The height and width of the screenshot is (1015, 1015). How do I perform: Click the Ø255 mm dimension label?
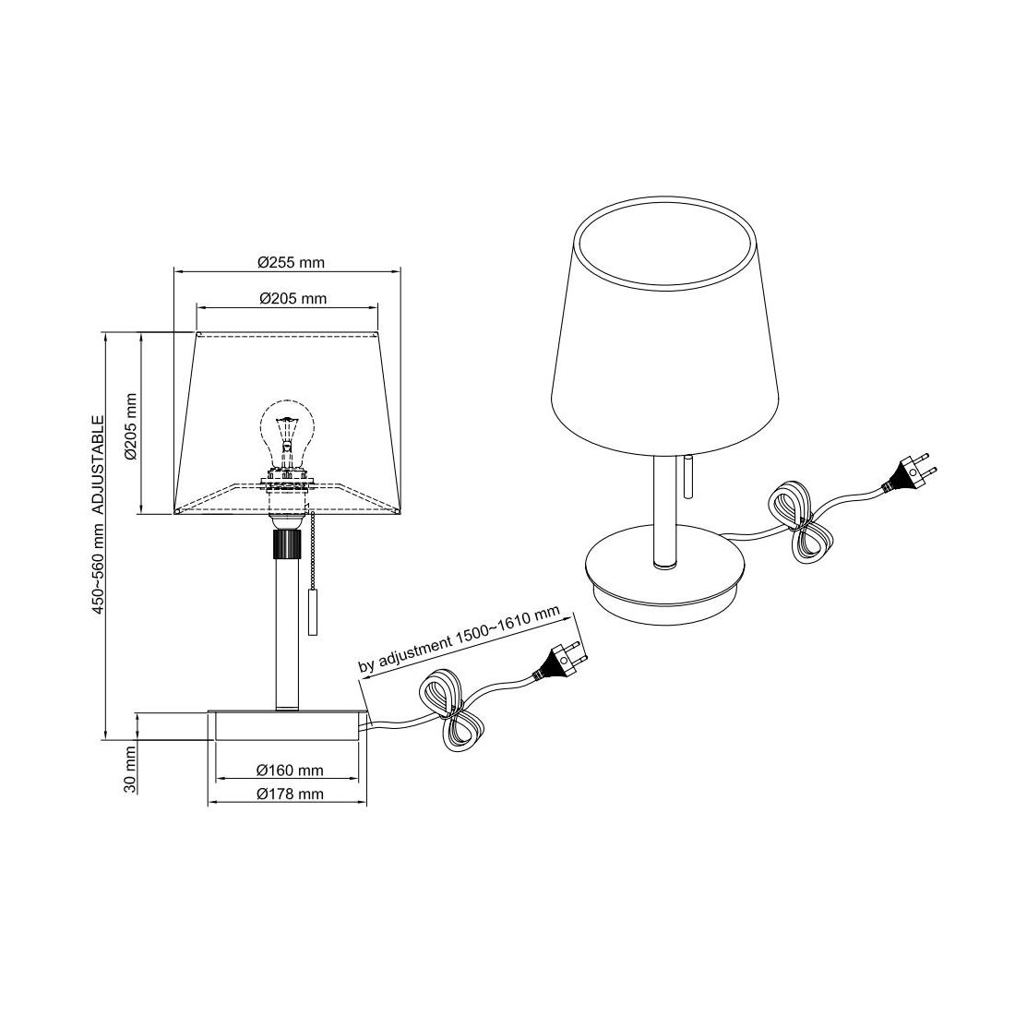tap(291, 262)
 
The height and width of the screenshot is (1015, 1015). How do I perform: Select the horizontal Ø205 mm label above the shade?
tap(293, 298)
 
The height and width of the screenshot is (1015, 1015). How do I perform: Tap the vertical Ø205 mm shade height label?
tap(131, 426)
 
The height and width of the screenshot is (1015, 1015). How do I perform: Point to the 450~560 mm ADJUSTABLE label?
tap(97, 515)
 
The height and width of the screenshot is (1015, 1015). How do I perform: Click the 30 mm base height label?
tap(130, 769)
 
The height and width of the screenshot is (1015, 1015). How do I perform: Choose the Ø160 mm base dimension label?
tap(290, 770)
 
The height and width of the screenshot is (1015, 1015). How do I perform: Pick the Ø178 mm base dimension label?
tap(290, 794)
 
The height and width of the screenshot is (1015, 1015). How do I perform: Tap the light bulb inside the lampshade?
tap(287, 435)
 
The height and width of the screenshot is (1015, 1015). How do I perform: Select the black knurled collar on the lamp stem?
tap(287, 543)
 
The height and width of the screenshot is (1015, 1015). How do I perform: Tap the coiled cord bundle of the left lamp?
tap(452, 710)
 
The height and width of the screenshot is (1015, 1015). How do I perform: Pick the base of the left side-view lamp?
tap(287, 725)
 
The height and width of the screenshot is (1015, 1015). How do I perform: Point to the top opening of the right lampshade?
tap(666, 243)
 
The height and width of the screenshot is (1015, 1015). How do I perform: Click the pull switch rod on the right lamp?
tap(687, 476)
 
